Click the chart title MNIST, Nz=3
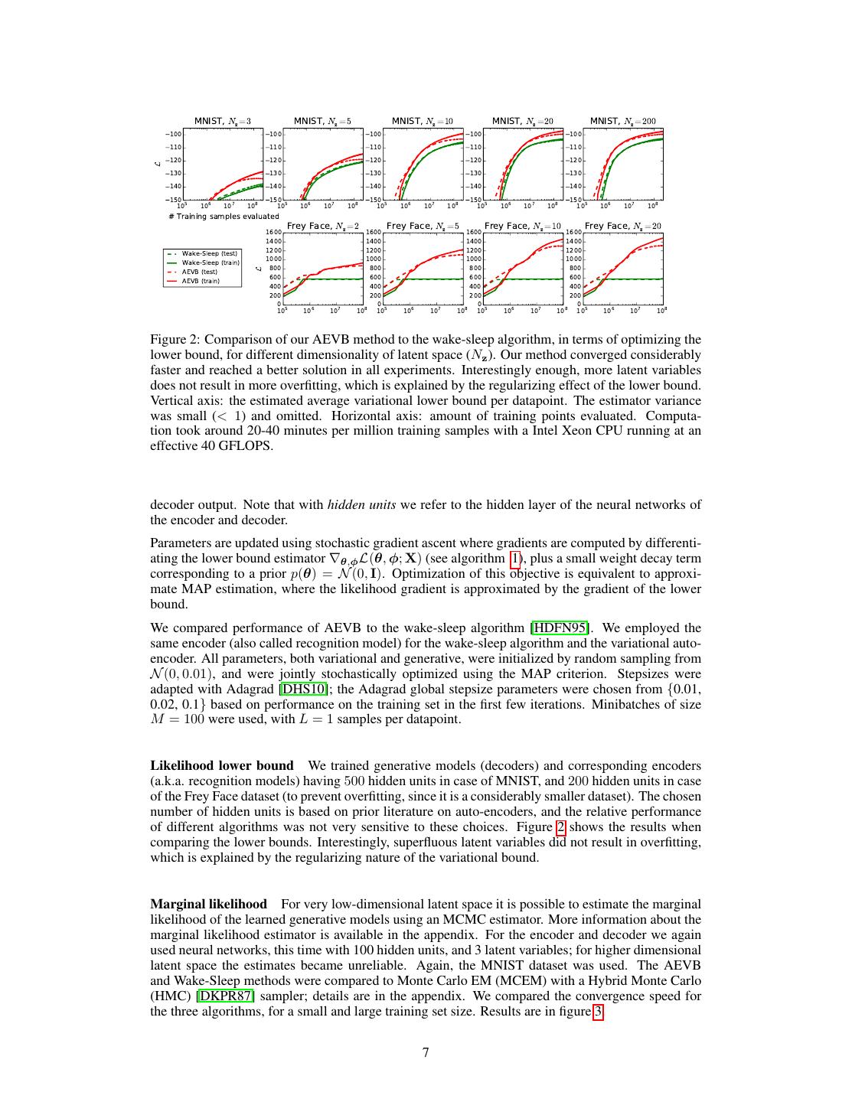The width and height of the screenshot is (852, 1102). pyautogui.click(x=222, y=121)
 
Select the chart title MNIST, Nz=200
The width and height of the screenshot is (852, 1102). pyautogui.click(x=622, y=121)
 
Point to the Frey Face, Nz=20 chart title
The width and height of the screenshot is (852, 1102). pyautogui.click(x=622, y=226)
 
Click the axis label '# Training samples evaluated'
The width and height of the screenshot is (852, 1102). pyautogui.click(x=224, y=217)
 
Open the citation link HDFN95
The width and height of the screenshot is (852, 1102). pyautogui.click(x=561, y=628)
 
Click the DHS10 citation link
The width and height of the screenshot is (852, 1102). pyautogui.click(x=304, y=690)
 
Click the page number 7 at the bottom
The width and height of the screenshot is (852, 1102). pyautogui.click(x=426, y=1052)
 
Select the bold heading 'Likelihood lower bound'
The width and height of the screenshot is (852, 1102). pyautogui.click(x=222, y=766)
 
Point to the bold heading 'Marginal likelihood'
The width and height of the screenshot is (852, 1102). pyautogui.click(x=209, y=905)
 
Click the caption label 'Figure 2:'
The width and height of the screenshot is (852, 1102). pyautogui.click(x=175, y=340)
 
